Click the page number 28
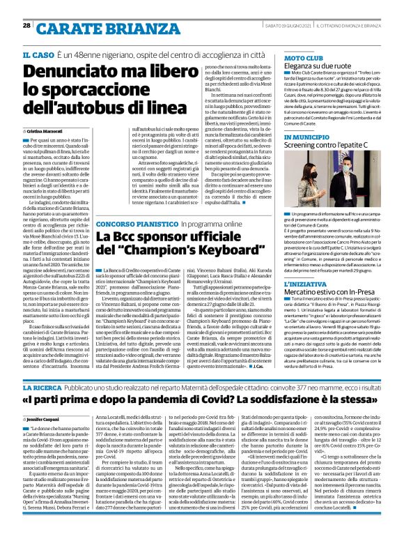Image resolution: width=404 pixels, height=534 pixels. coord(26,6)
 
